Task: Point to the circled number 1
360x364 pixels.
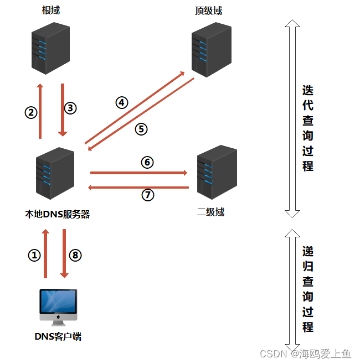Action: tap(34, 255)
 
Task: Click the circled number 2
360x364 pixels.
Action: tap(31, 112)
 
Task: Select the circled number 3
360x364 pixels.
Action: tap(70, 108)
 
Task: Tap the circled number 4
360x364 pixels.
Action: tap(121, 102)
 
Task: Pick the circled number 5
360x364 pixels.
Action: tap(141, 129)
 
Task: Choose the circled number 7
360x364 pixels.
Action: tap(147, 195)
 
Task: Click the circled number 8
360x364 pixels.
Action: tap(76, 255)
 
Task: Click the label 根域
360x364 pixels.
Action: tap(50, 11)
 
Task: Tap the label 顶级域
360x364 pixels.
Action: tap(209, 11)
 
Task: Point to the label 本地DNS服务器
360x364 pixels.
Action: tap(58, 214)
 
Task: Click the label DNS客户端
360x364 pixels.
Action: tap(58, 336)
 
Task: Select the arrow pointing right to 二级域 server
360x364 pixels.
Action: tap(138, 173)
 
